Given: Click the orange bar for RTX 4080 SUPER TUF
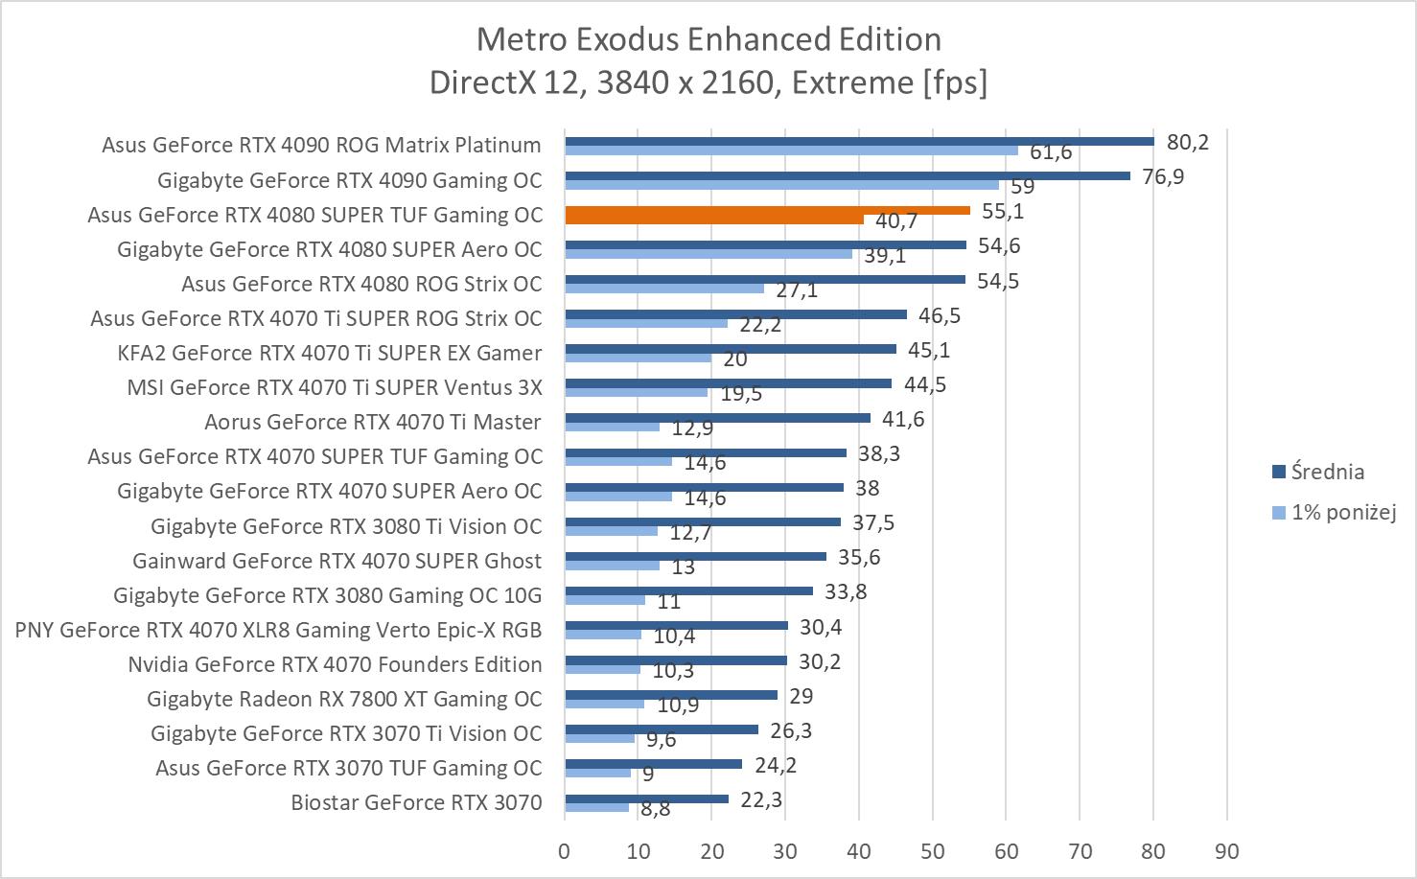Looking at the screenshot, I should pos(767,211).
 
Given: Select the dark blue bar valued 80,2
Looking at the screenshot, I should pos(859,141).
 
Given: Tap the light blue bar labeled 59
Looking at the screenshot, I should pos(781,185).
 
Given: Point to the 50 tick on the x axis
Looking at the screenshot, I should pos(932,851).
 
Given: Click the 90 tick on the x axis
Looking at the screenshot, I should pos(1226,851).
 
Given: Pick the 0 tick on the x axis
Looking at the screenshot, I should pos(564,851).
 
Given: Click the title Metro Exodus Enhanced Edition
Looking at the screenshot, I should pos(708,39).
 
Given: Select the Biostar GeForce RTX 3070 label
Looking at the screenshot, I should pos(416,803).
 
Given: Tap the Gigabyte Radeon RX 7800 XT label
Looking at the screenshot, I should pos(344,699).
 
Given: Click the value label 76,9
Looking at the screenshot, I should pos(1163,177).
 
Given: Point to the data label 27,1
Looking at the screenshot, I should pos(797,289).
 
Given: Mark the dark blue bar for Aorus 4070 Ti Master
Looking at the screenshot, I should pos(717,418).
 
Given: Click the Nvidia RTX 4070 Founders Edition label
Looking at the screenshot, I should pos(335,664).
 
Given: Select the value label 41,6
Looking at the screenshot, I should pos(903,419).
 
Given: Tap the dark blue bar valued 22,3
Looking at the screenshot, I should pos(646,798).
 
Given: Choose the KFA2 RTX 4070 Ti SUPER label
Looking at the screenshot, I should pos(329,353).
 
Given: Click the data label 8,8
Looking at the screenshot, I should pos(656,809).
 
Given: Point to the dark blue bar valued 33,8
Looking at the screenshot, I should pos(688,591).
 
